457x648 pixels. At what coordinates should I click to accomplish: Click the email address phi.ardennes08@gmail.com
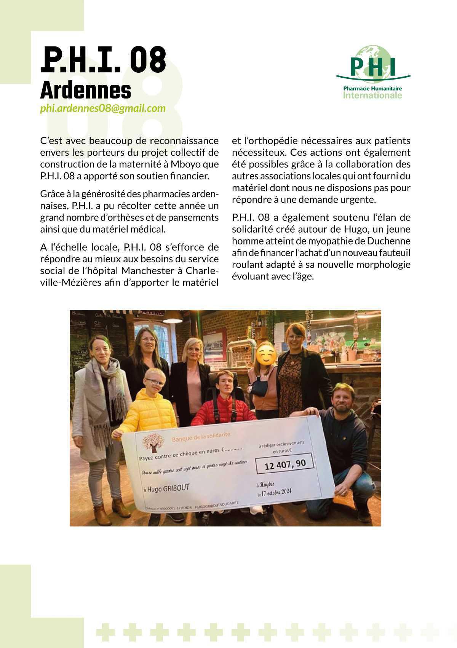(103, 109)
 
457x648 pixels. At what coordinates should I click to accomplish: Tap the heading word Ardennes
(85, 91)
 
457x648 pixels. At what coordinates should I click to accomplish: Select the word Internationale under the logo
(372, 95)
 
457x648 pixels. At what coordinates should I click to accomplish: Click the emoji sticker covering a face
(265, 353)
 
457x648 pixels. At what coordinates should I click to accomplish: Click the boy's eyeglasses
(156, 382)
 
